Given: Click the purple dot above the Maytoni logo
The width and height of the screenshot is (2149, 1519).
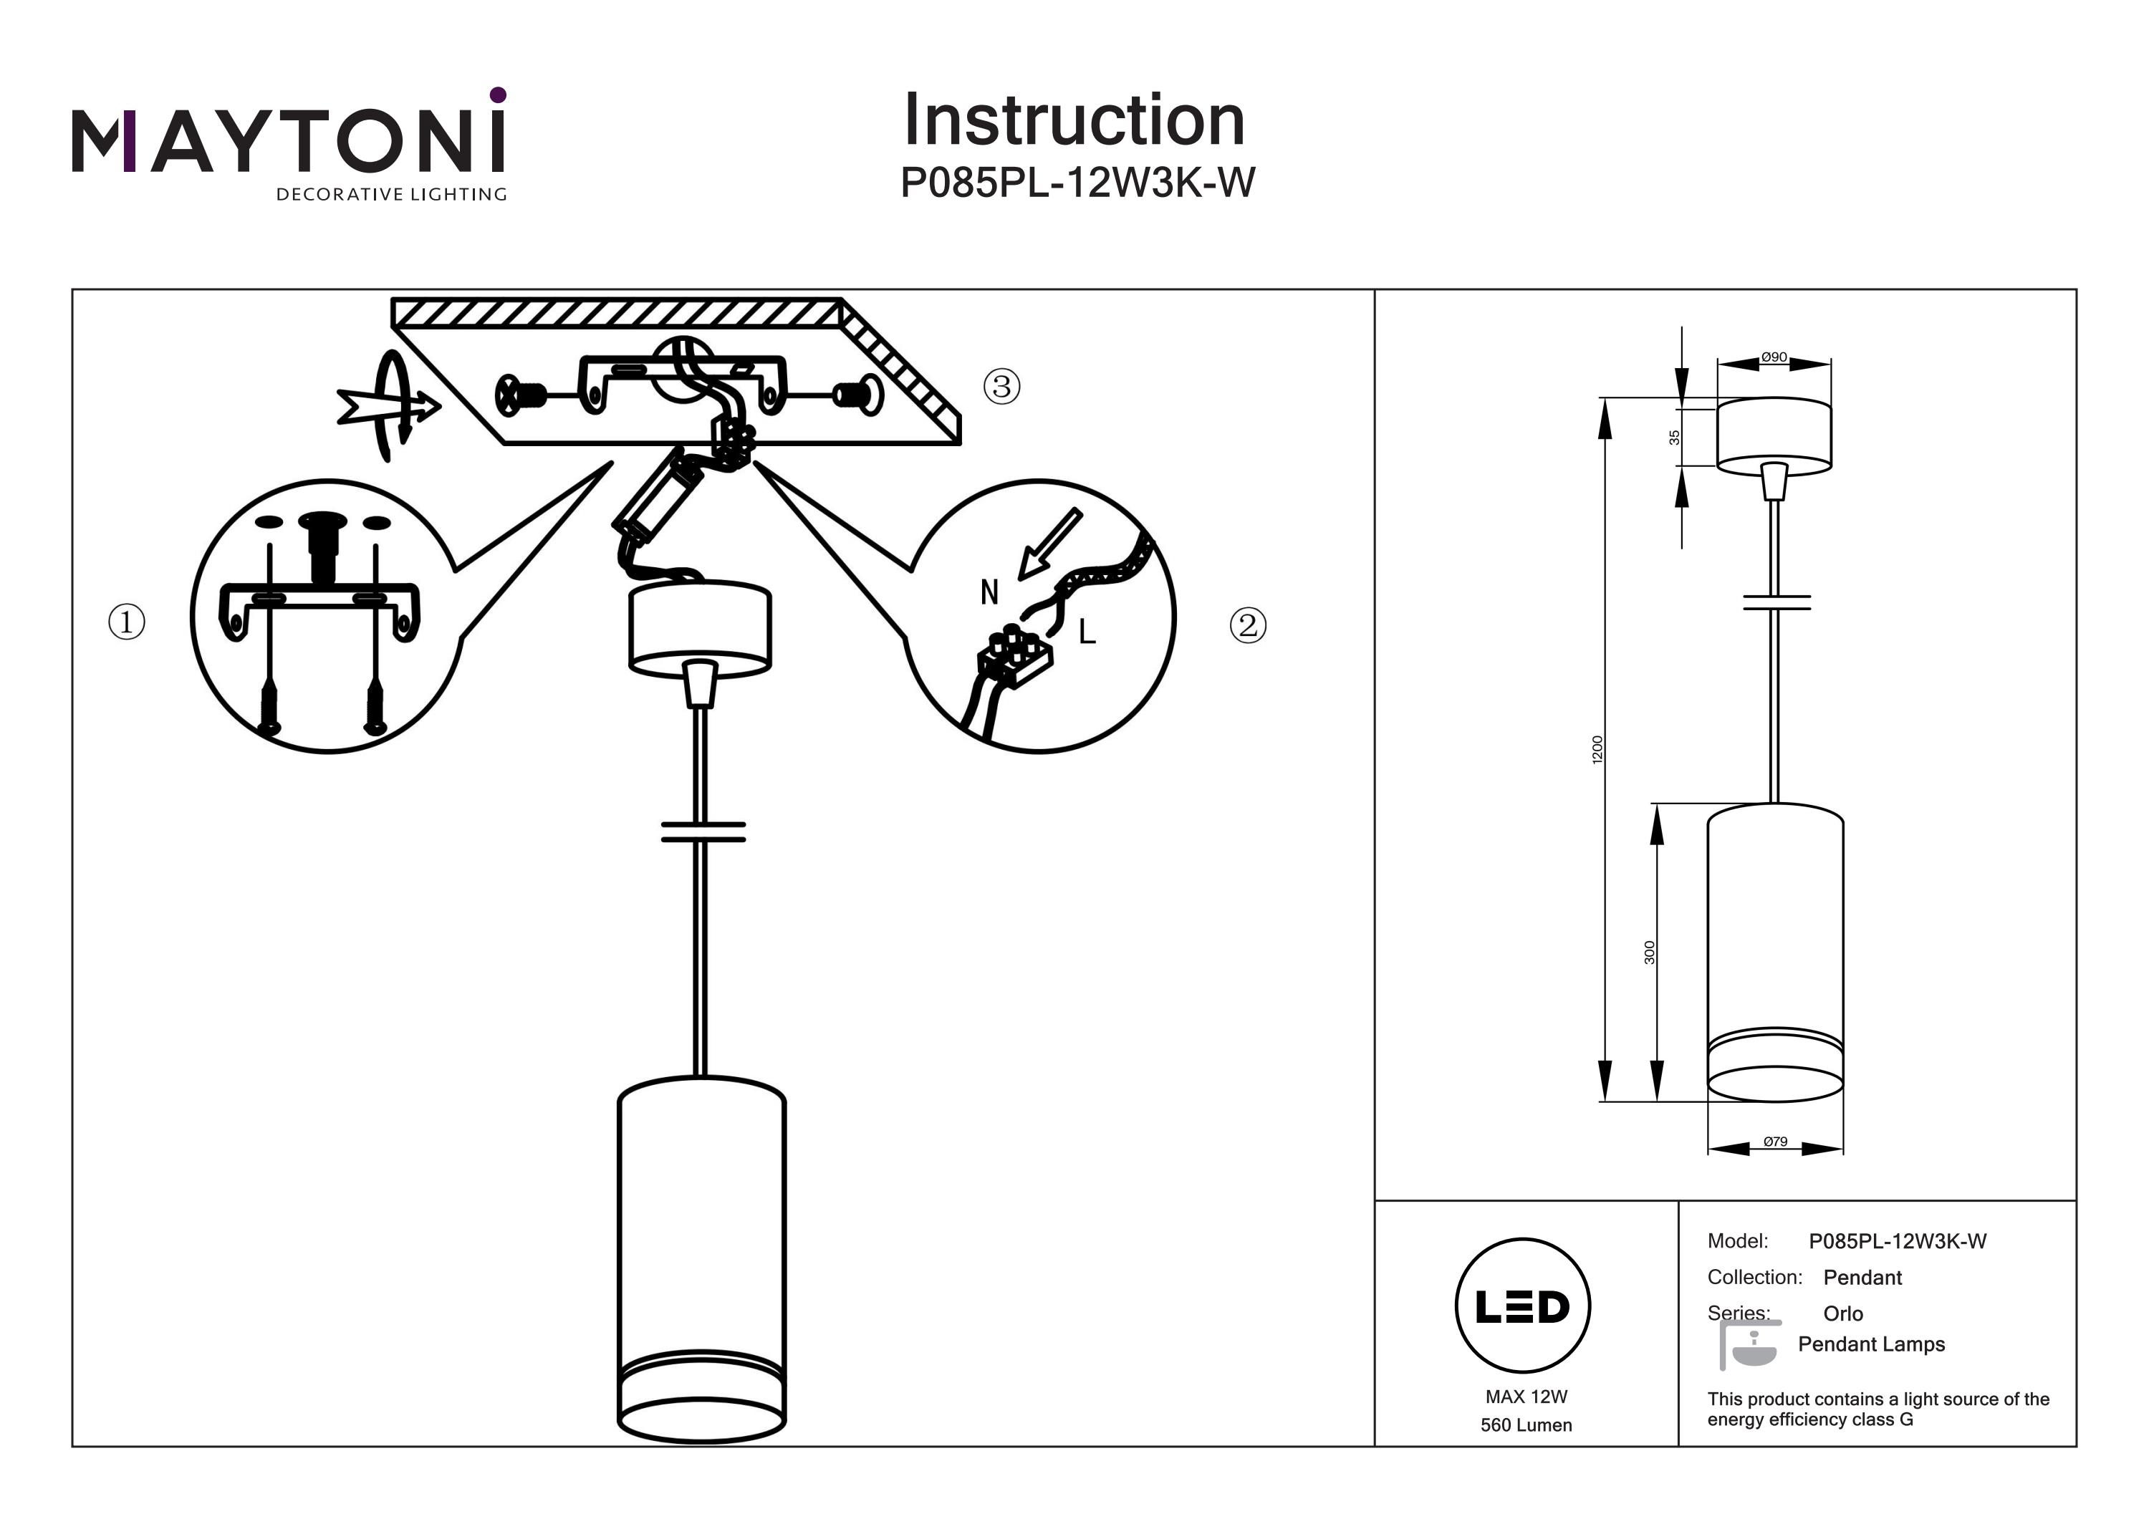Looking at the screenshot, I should [498, 95].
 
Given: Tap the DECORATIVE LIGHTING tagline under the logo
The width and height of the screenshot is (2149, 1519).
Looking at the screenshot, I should [390, 195].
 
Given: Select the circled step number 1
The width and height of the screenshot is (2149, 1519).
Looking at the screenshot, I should [128, 622].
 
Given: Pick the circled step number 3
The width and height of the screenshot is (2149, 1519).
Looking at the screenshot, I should [1001, 385].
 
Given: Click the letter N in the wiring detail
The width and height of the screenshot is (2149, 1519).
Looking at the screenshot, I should [989, 592].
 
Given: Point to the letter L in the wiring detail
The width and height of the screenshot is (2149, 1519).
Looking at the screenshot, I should [1087, 632].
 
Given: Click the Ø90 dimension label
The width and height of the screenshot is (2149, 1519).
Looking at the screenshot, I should [1774, 357].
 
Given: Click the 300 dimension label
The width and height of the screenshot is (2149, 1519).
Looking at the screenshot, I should [1649, 953].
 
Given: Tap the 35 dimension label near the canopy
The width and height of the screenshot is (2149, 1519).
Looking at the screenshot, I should [1675, 437].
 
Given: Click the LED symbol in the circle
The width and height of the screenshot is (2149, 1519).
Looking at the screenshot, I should [1522, 1306].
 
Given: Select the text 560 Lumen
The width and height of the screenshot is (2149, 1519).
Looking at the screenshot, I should [1526, 1425].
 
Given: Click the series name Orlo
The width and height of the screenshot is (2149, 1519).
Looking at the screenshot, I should [1843, 1313].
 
